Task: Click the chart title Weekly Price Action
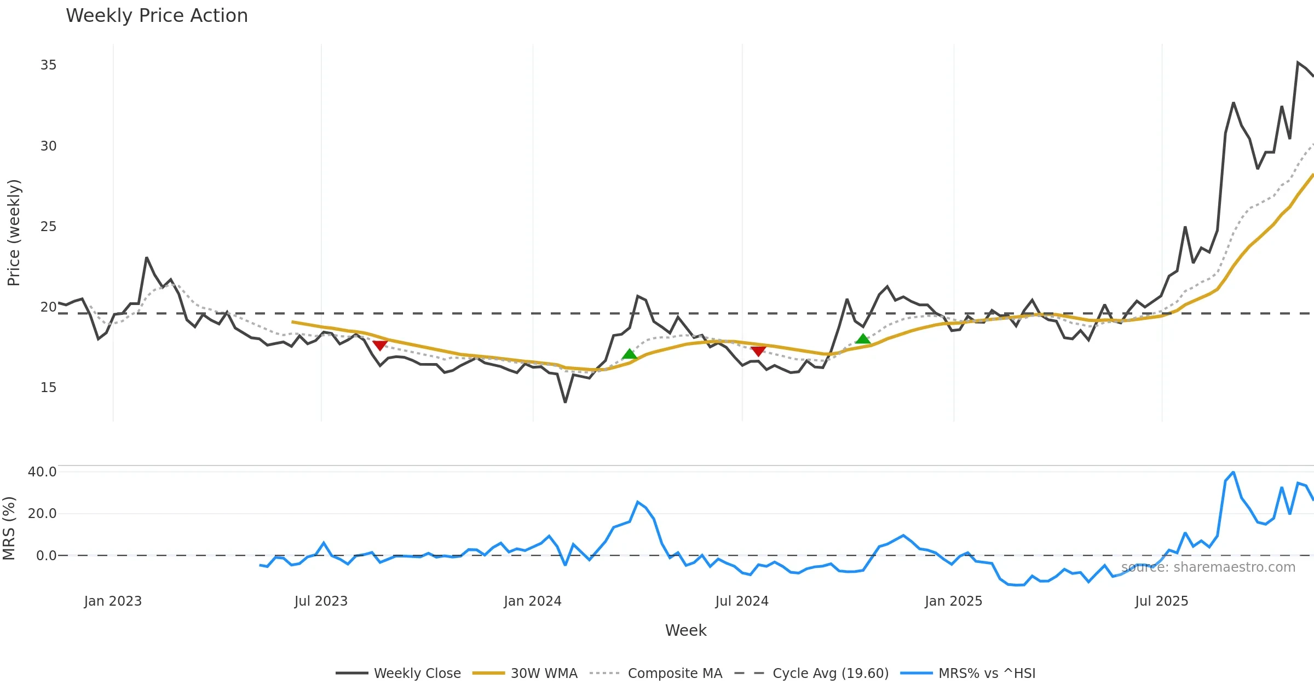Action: coord(157,16)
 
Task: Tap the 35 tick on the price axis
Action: coord(48,65)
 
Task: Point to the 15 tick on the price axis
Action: coord(48,388)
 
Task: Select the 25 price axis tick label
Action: coord(48,227)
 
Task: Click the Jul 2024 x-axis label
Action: coord(742,601)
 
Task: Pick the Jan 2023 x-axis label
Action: coord(113,601)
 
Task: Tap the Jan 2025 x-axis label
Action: coord(953,601)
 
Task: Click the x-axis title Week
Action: coord(685,630)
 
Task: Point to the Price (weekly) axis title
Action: coord(14,233)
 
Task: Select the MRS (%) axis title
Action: coord(9,528)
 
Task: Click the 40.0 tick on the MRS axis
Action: coord(42,472)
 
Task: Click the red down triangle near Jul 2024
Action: coord(758,350)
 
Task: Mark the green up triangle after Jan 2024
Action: coord(630,354)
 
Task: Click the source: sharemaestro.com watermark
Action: coord(1208,567)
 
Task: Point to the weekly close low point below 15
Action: coord(565,402)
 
